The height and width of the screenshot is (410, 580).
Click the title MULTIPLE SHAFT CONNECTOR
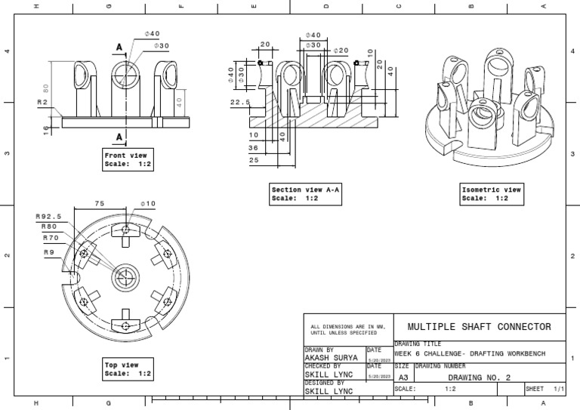(x=479, y=327)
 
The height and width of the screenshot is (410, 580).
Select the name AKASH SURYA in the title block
(x=332, y=358)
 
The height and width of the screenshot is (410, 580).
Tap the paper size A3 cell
(x=403, y=377)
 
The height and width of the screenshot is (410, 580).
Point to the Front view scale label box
(x=128, y=159)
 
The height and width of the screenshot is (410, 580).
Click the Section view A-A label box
(x=306, y=194)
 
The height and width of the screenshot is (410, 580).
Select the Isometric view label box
(x=492, y=194)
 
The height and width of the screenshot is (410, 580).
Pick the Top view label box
(x=128, y=369)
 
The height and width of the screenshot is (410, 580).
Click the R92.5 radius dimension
(x=48, y=216)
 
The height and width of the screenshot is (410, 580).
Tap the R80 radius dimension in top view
(x=49, y=227)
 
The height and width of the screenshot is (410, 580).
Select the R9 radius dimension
(x=49, y=251)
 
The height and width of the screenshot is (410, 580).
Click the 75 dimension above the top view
(x=100, y=203)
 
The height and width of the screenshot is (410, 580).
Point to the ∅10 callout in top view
(x=148, y=203)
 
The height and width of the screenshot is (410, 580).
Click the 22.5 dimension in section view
(x=240, y=103)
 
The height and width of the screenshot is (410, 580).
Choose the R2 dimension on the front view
(x=43, y=101)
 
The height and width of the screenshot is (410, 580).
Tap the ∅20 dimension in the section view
(x=342, y=51)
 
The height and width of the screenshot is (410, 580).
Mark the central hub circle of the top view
(x=125, y=277)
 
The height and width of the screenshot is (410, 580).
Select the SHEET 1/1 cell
(x=545, y=389)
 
